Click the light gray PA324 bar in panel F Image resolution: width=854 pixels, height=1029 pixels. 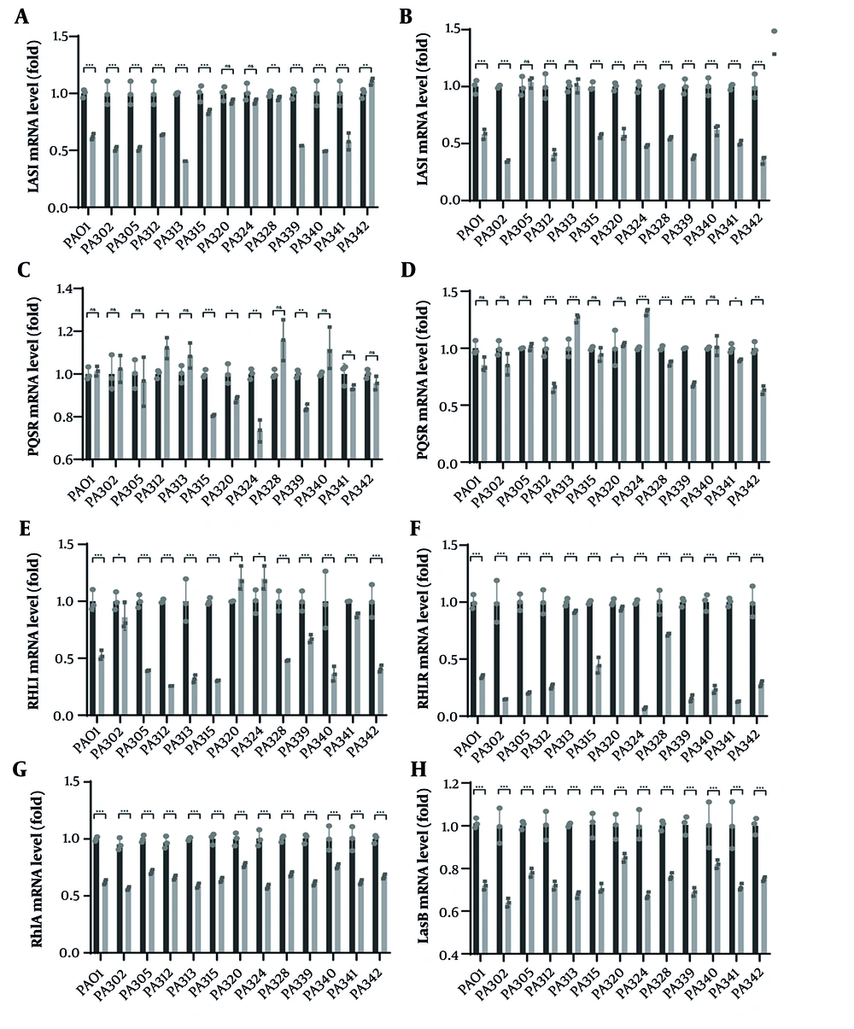[x=644, y=711]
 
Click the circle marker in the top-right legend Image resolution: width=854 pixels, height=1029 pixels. [x=774, y=31]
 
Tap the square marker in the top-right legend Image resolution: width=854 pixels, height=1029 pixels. [x=774, y=54]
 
